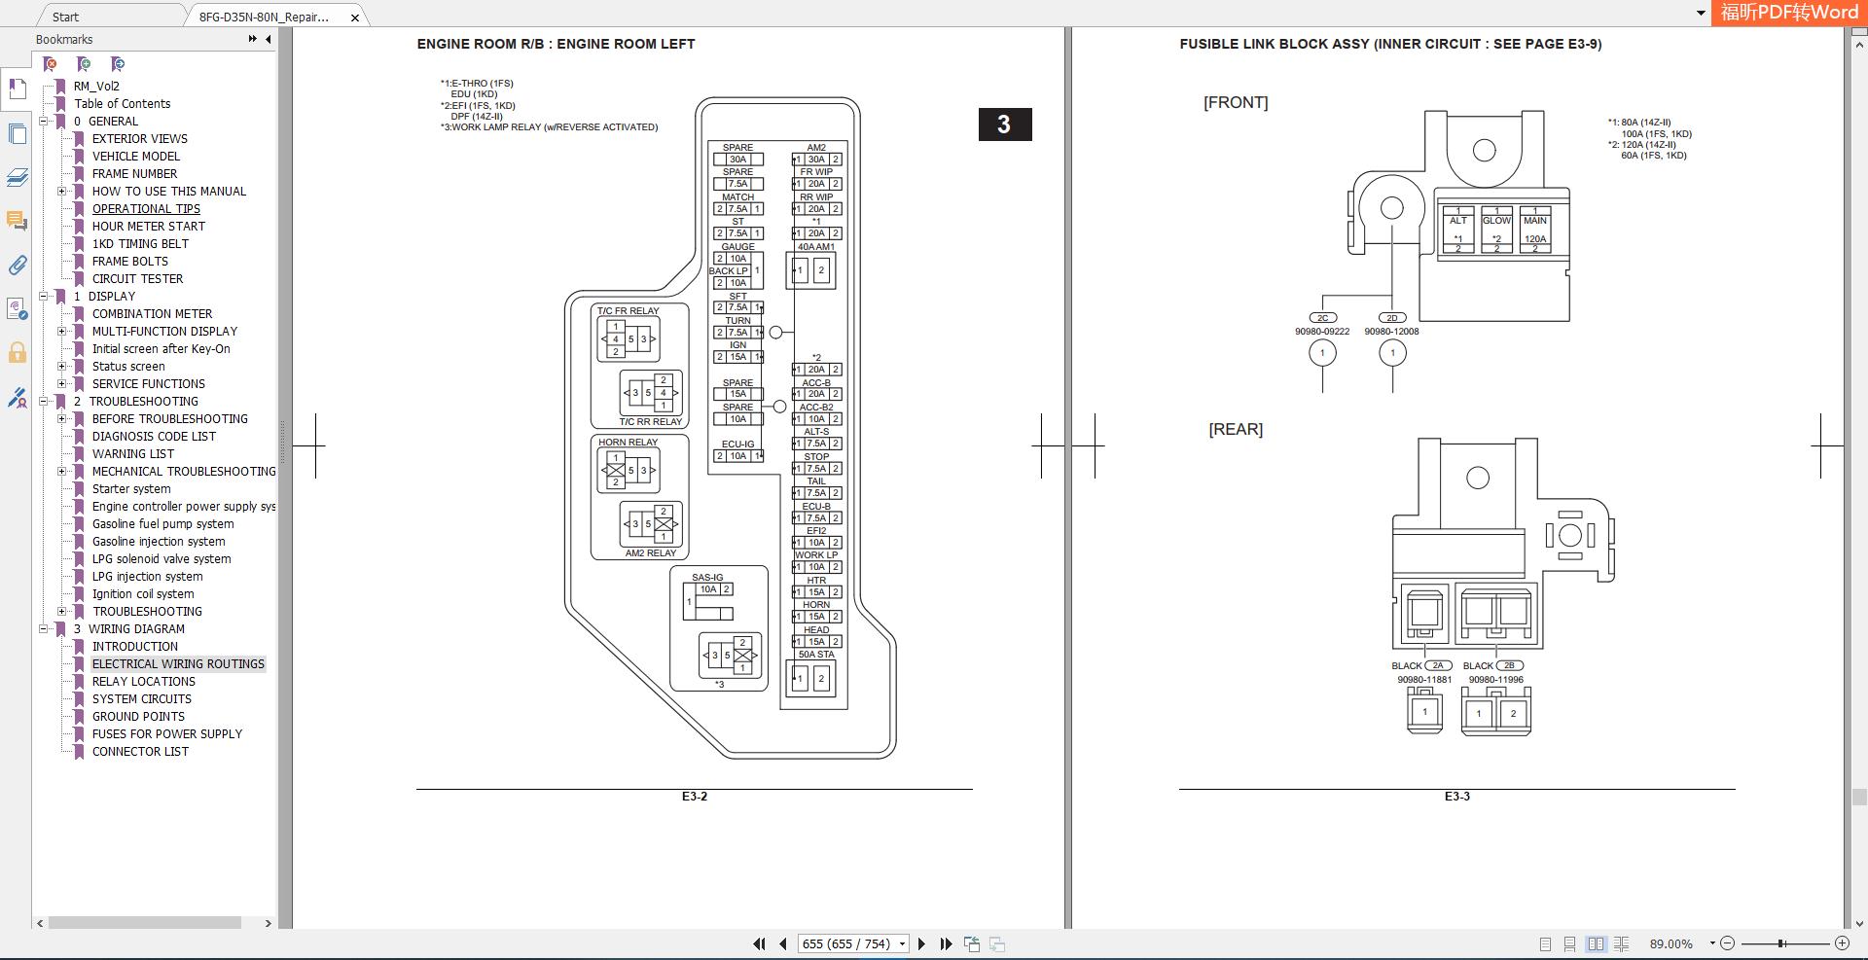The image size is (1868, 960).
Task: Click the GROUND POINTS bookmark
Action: [x=138, y=717]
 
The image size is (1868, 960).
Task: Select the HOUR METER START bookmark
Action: [x=149, y=227]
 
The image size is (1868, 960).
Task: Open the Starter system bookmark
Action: [x=131, y=489]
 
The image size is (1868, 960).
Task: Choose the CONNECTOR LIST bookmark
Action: [x=140, y=752]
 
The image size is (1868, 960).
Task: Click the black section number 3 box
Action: [x=1005, y=124]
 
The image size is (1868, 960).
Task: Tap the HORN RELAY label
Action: [x=628, y=443]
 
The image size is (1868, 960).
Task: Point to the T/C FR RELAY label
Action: [x=628, y=311]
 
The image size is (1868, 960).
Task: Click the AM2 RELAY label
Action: [x=650, y=553]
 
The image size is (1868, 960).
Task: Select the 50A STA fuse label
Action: [x=816, y=655]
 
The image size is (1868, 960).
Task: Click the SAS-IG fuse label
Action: [x=707, y=578]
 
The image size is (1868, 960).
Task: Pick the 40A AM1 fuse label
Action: [x=816, y=247]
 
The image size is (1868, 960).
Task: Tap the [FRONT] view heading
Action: [x=1236, y=103]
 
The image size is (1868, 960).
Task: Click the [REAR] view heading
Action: [x=1236, y=430]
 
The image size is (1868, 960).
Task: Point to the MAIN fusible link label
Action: [x=1535, y=221]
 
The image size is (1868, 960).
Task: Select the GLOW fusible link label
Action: [x=1496, y=221]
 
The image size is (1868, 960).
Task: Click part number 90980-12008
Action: [x=1391, y=332]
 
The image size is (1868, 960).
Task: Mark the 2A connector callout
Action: [x=1438, y=666]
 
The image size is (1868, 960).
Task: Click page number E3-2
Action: [x=695, y=797]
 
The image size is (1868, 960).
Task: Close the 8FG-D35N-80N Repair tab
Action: [x=355, y=18]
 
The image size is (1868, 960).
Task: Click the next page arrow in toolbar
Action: [x=921, y=944]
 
